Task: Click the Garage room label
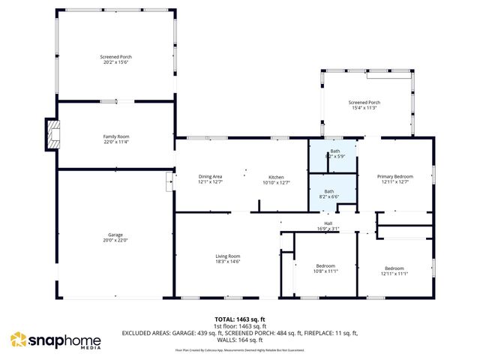tap(115, 235)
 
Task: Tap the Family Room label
tap(115, 136)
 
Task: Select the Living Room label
tap(229, 256)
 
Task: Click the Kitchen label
tap(276, 176)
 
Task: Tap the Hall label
tap(328, 223)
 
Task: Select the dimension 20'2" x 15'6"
tap(115, 62)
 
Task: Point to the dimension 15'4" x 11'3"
tap(364, 108)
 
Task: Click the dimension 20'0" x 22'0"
tap(115, 241)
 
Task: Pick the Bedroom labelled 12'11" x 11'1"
tap(394, 268)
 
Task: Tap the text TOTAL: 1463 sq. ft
tap(240, 319)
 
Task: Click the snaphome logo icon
tap(18, 340)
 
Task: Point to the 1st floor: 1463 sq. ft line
tap(240, 326)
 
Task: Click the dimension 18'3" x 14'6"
tap(229, 262)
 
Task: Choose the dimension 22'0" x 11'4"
tap(115, 142)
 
